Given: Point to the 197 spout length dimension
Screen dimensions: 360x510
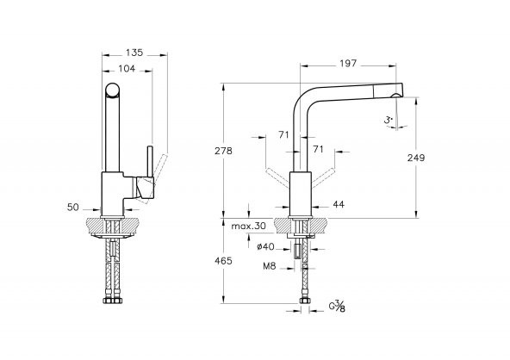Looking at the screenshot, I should coord(349,65).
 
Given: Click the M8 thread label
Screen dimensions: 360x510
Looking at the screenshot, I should coord(270,266).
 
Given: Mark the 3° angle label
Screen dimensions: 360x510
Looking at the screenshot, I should coord(389,121).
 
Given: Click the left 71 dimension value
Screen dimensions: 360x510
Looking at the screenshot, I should coord(284,134).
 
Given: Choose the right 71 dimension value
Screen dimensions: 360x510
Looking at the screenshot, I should coord(318,149).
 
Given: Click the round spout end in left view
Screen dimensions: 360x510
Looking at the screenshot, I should coord(113,91).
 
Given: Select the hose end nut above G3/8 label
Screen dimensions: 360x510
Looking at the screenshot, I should coord(304,301).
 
